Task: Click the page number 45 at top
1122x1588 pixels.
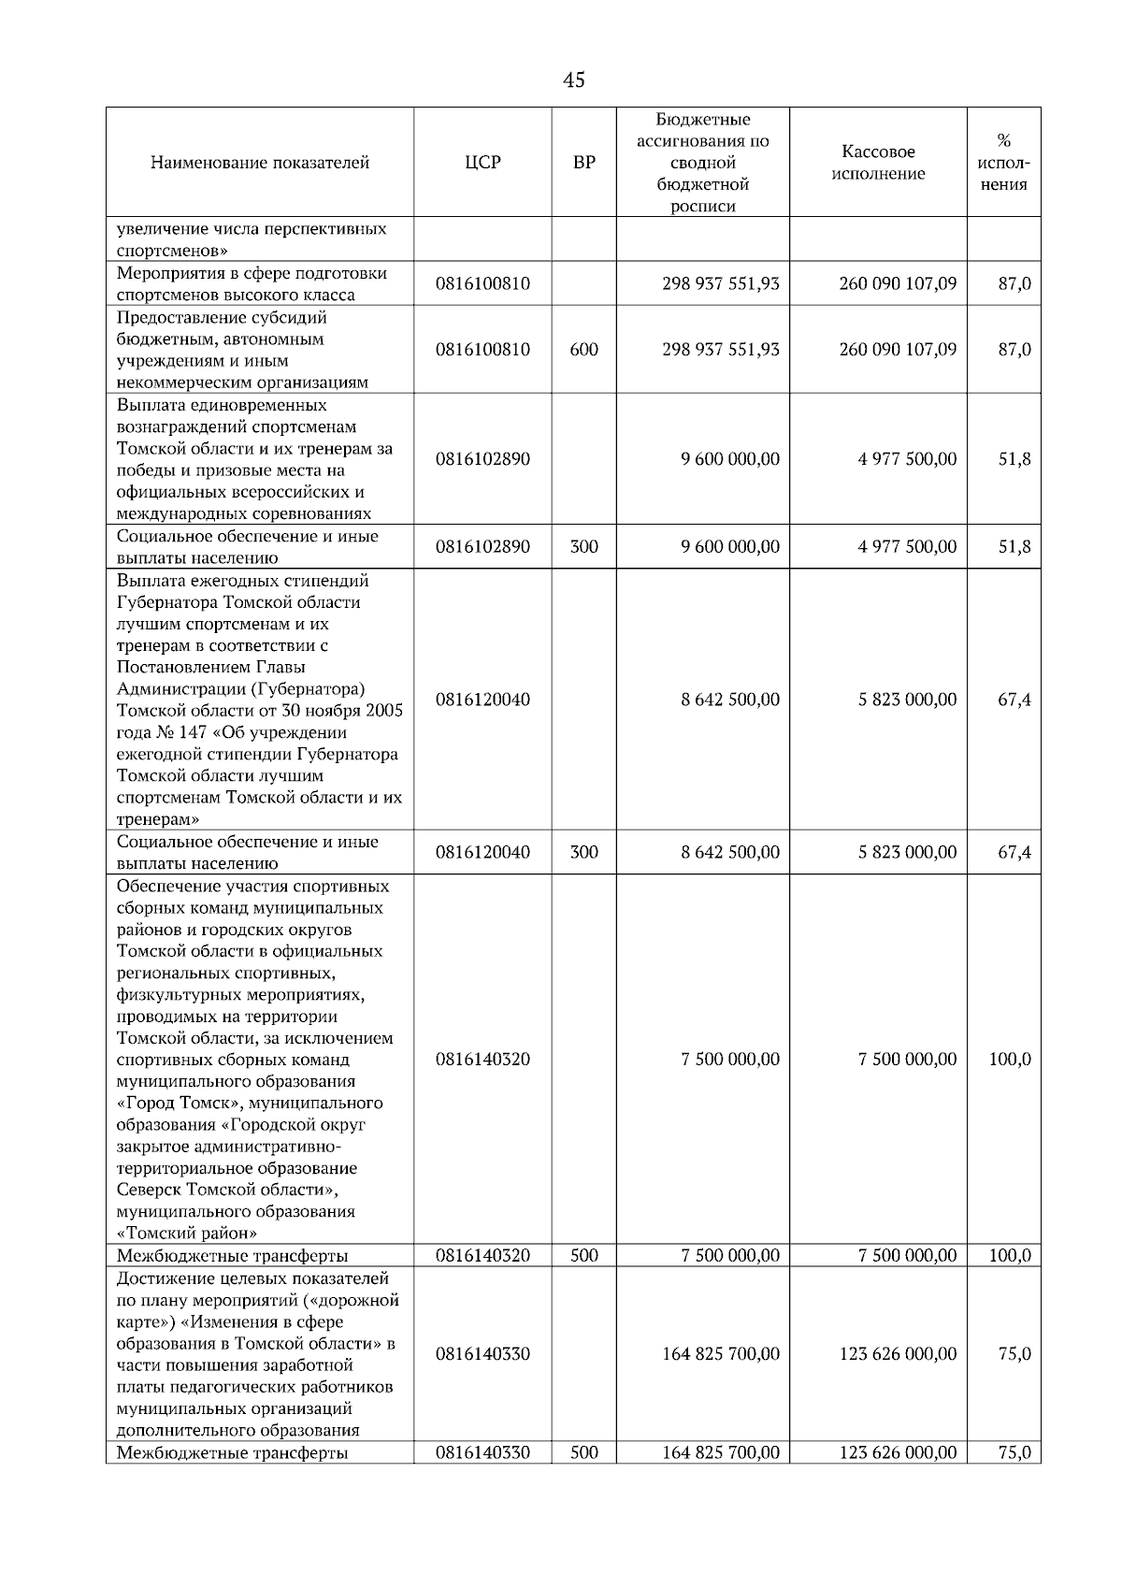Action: [574, 80]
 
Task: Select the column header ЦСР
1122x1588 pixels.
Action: [482, 162]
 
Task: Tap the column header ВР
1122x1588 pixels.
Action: [583, 162]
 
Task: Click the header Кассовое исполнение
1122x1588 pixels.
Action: [878, 162]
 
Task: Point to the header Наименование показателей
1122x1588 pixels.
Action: [260, 162]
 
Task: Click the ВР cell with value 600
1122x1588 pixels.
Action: [583, 349]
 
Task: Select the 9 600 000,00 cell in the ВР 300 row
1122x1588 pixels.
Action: [730, 547]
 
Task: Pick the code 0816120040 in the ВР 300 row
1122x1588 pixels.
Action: [482, 852]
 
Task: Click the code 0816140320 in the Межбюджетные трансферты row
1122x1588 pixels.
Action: [482, 1255]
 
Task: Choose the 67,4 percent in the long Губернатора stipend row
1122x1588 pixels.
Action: [1014, 700]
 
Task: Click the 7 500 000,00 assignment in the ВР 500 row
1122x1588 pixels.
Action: [730, 1255]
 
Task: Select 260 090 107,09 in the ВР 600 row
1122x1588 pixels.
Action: [898, 349]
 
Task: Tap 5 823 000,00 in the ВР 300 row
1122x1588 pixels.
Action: [907, 852]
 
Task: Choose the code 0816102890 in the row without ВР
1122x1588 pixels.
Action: [482, 459]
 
